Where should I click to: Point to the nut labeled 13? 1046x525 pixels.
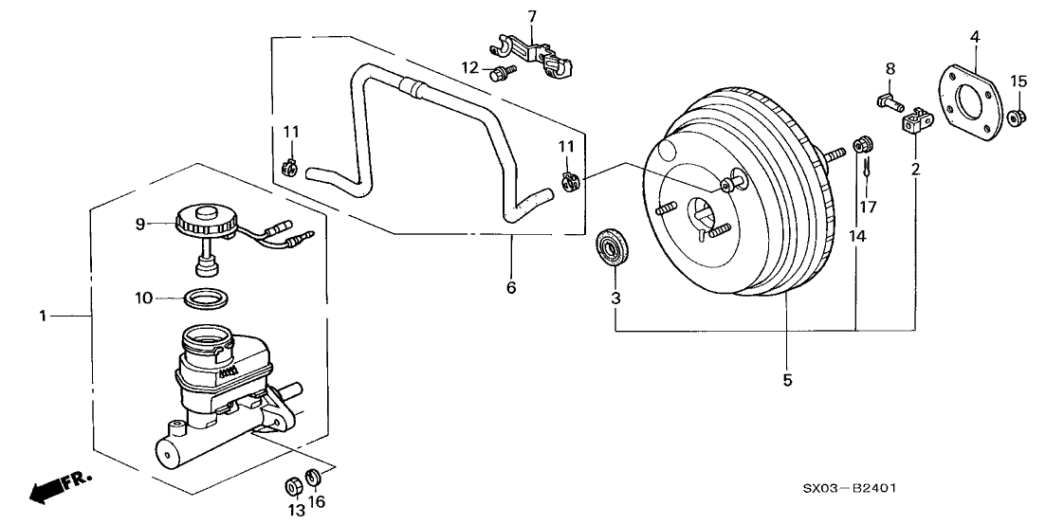[x=294, y=485]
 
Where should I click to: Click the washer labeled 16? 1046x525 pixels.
[x=315, y=476]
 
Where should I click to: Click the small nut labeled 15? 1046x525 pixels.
[x=1016, y=117]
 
